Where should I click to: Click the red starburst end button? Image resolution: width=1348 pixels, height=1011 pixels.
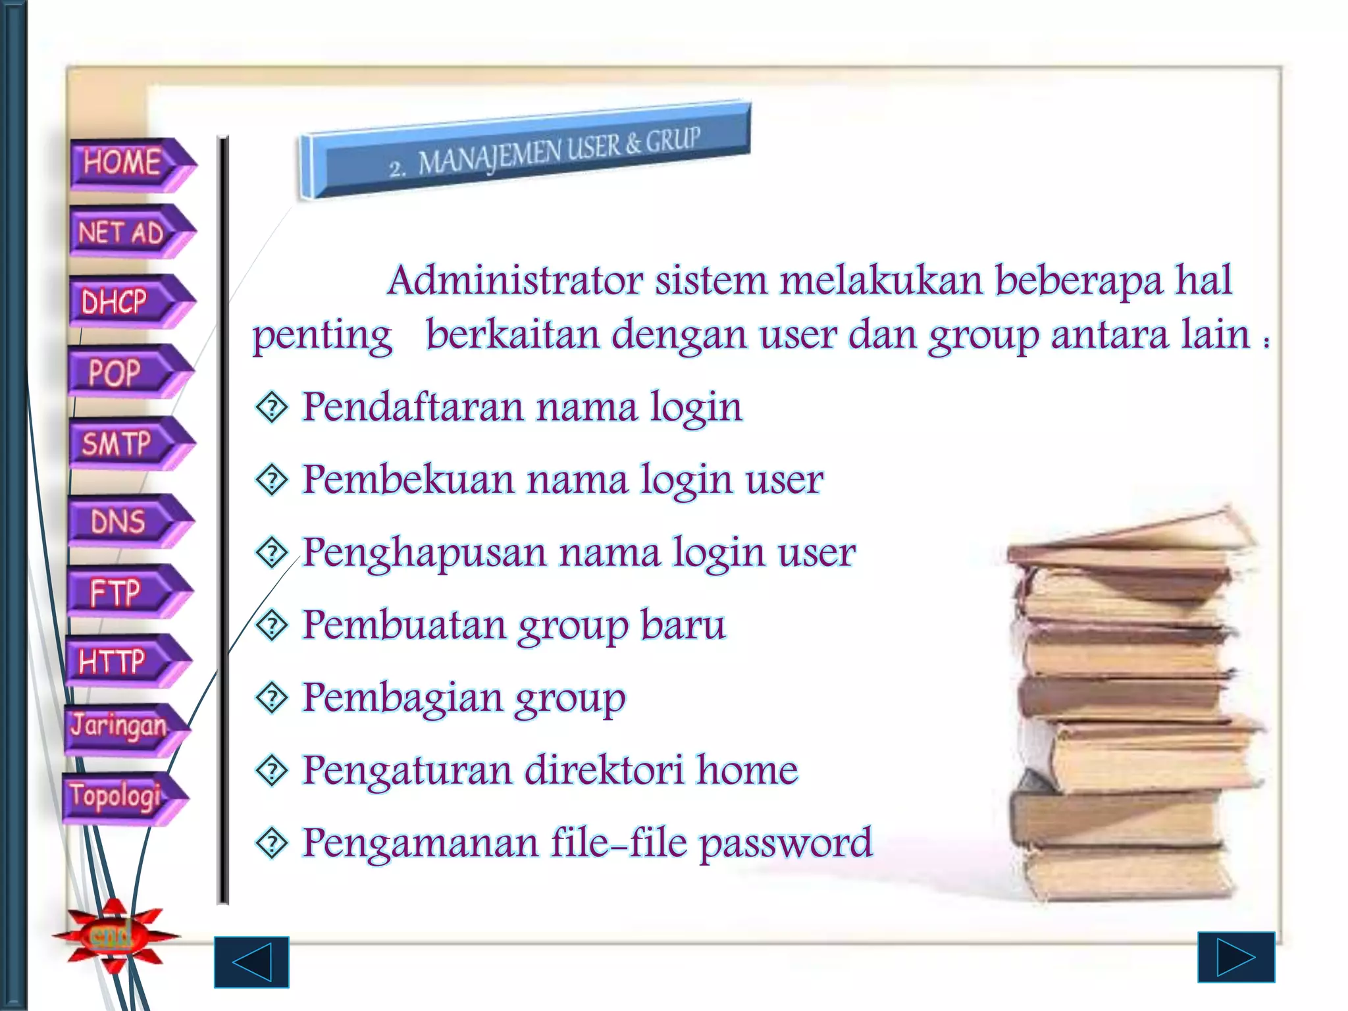pyautogui.click(x=113, y=935)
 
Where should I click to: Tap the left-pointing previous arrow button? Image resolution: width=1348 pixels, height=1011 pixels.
pyautogui.click(x=251, y=962)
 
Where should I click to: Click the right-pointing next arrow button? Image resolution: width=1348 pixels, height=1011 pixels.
pyautogui.click(x=1235, y=957)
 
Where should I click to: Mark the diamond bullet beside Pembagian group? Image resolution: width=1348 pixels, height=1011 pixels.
pyautogui.click(x=272, y=698)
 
